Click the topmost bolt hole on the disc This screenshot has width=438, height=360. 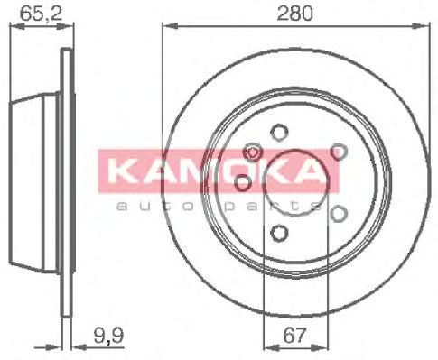point(278,130)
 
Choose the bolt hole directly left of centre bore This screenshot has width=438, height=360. point(242,183)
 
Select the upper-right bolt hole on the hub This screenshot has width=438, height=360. point(338,152)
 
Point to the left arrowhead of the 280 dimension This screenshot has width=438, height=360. point(168,30)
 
